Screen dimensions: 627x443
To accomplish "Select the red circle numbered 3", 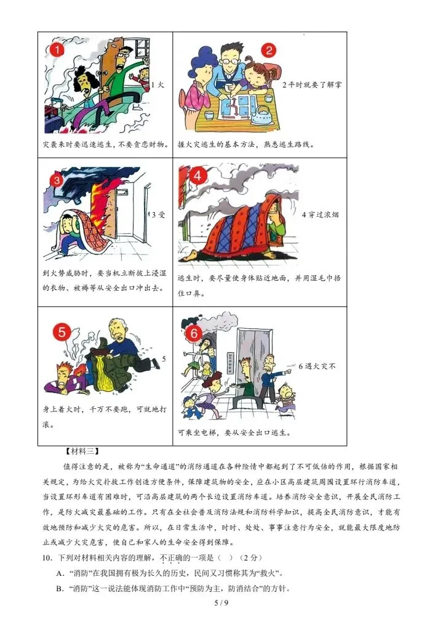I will (x=56, y=180).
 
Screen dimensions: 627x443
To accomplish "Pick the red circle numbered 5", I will (x=62, y=333).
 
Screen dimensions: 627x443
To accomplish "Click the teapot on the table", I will (x=265, y=113).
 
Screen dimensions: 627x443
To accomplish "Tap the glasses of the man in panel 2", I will (x=229, y=61).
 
